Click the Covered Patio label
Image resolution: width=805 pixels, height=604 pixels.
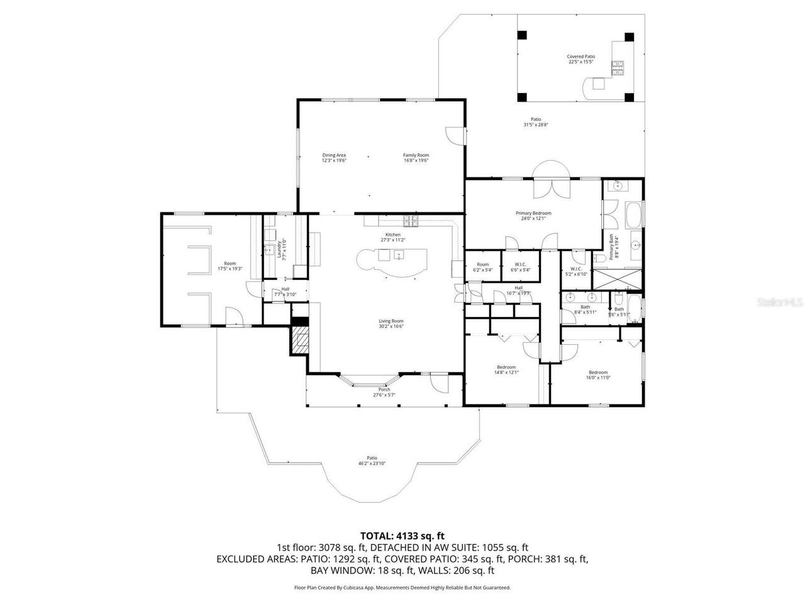(581, 59)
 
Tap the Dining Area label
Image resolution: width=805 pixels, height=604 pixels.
(334, 158)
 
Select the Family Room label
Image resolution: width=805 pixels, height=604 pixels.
(416, 158)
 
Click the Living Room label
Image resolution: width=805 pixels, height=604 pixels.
(391, 323)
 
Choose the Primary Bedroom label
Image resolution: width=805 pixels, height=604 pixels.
(533, 216)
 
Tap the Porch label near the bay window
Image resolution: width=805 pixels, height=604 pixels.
(384, 392)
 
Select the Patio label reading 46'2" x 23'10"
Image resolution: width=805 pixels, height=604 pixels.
(372, 461)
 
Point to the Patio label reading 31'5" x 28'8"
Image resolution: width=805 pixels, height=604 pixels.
(536, 122)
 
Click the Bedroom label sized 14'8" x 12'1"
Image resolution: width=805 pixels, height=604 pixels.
(506, 369)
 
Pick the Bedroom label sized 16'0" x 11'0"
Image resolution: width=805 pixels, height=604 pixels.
(598, 374)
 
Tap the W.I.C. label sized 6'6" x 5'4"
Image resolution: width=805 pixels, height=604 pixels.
(520, 267)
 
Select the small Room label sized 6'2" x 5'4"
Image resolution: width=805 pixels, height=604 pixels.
(482, 267)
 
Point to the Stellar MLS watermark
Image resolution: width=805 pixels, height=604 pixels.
(779, 302)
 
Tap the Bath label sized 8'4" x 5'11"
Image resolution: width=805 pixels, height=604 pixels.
(585, 309)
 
